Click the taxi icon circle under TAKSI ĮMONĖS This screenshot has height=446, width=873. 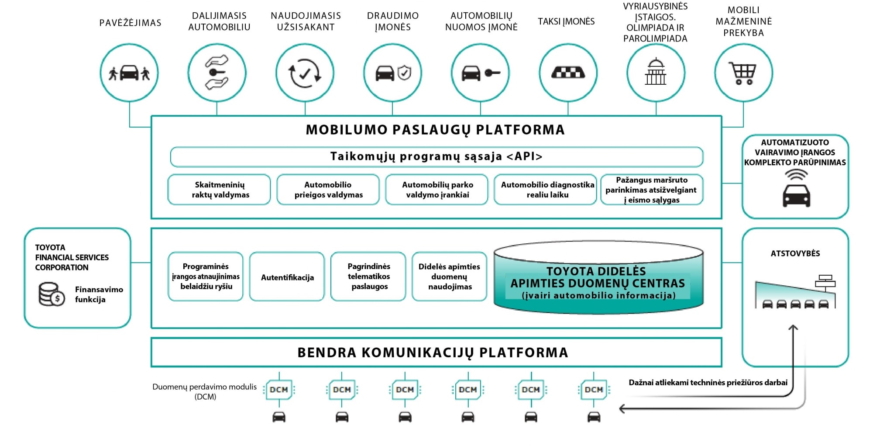(568, 73)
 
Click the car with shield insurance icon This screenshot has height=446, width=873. (393, 73)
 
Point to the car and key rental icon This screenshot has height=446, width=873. (481, 73)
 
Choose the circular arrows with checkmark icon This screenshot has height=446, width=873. (305, 73)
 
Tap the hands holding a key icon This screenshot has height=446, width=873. (217, 73)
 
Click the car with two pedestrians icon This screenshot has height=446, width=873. (129, 73)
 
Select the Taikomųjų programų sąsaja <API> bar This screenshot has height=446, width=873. (436, 157)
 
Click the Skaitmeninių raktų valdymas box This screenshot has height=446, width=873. (219, 190)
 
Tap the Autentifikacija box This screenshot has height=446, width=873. (287, 277)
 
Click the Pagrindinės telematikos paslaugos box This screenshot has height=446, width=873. (368, 277)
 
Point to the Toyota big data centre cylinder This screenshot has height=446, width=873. (598, 277)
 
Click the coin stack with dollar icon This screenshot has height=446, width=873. (52, 294)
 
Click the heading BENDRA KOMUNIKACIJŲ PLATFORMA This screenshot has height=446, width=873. (433, 353)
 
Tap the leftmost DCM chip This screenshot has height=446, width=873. (279, 390)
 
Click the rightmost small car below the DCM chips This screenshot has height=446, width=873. (594, 417)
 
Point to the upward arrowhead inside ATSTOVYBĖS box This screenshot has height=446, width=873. (793, 328)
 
